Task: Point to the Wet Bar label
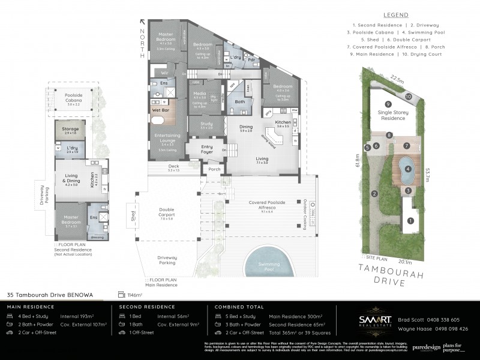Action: [x=160, y=110]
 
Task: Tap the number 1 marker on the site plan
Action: [x=410, y=221]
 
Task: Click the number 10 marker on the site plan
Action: [x=408, y=96]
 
